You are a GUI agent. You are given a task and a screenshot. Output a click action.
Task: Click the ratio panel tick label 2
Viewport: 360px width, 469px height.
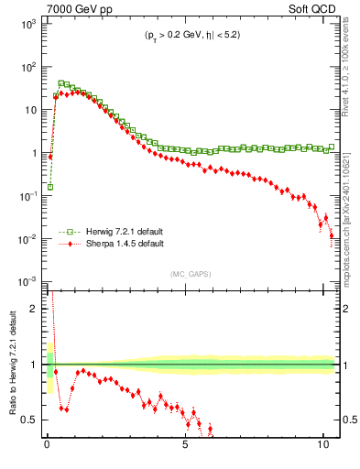tap(32, 309)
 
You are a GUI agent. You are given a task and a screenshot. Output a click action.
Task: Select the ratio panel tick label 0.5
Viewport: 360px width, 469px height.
tap(27, 420)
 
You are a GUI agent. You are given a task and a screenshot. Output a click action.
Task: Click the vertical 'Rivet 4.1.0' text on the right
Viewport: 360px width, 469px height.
tap(348, 64)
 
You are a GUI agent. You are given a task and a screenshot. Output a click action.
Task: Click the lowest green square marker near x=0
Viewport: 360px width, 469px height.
tap(49, 187)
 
